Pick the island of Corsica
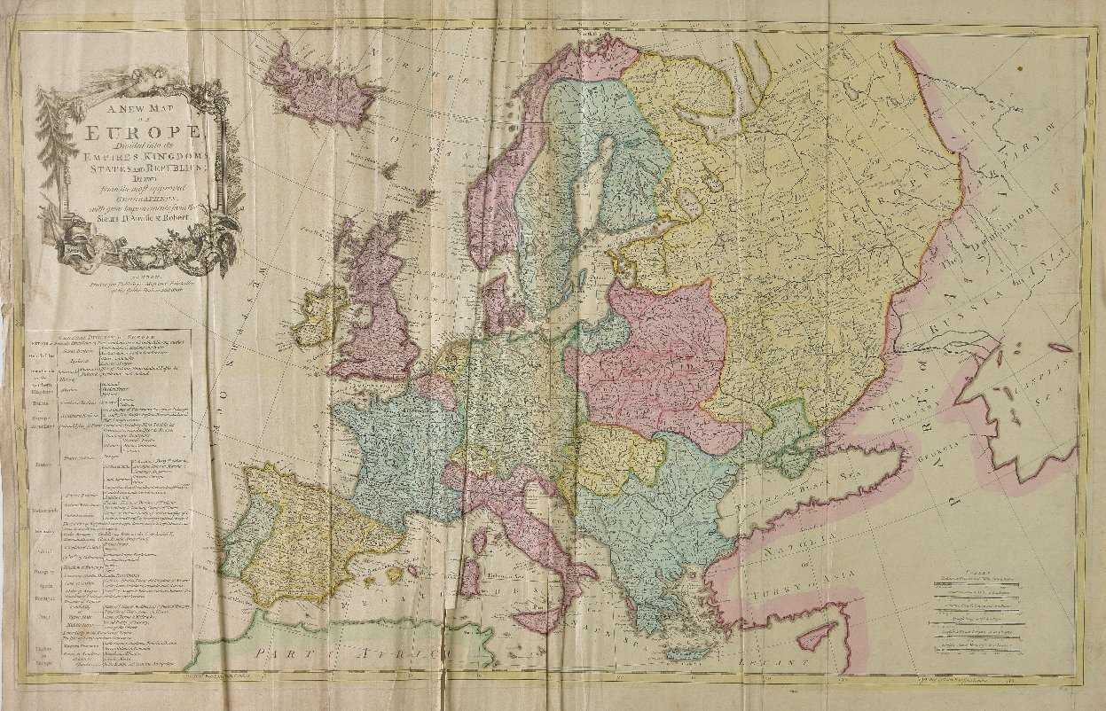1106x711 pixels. (479, 537)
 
